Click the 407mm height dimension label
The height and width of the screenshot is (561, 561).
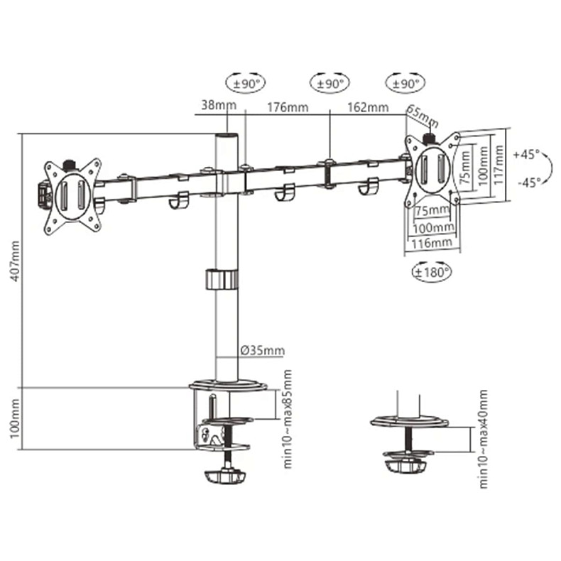pos(15,261)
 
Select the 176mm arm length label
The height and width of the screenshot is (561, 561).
pos(288,107)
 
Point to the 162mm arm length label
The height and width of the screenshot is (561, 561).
pos(368,107)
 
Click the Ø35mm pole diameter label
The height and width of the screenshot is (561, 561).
pos(262,350)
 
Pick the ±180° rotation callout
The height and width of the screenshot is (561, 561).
pos(432,272)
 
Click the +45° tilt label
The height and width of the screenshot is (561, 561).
pos(526,155)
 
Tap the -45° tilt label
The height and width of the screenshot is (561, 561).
pos(528,183)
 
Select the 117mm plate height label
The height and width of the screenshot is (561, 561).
pos(499,165)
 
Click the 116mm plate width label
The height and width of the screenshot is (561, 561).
pos(432,244)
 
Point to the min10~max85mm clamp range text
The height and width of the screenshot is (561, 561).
pos(288,419)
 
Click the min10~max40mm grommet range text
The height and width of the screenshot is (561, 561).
pos(483,439)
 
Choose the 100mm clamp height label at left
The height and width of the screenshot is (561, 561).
pos(15,418)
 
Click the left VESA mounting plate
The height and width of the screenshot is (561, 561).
pos(72,197)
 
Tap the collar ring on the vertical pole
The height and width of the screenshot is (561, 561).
pos(222,279)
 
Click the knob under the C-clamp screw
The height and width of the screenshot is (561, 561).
pos(225,477)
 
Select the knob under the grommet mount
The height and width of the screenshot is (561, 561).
pos(405,466)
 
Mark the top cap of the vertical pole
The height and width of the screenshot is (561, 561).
pos(227,136)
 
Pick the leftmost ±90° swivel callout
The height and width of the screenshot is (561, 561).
pos(246,83)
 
